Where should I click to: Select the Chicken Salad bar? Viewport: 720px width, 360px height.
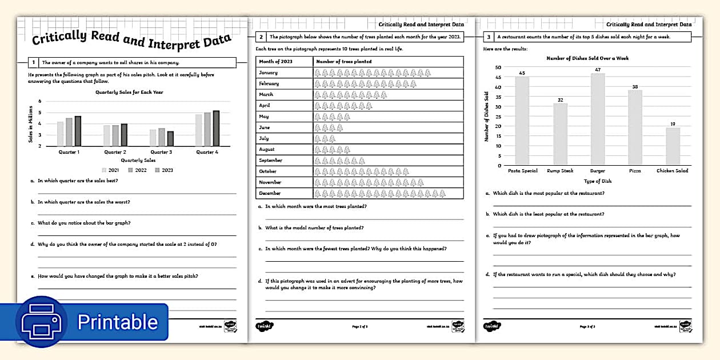click(x=673, y=146)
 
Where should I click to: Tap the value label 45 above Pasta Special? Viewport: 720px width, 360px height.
click(x=522, y=73)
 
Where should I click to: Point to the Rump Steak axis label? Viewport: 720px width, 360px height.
click(x=560, y=171)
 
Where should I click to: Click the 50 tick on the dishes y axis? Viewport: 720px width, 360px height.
click(x=498, y=67)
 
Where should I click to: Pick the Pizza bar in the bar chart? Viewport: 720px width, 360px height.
click(x=635, y=127)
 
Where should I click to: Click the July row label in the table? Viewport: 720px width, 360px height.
click(x=264, y=138)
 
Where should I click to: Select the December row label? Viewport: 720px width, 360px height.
click(x=270, y=193)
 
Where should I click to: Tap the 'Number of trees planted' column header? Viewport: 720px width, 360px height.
click(x=344, y=61)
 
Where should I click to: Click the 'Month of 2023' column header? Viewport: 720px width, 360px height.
click(x=275, y=61)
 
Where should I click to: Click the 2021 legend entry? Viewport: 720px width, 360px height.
click(x=111, y=170)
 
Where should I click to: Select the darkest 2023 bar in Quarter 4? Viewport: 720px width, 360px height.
click(x=216, y=129)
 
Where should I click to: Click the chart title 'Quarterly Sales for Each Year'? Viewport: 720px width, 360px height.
click(x=130, y=92)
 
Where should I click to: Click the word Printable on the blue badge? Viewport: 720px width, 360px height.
click(x=117, y=322)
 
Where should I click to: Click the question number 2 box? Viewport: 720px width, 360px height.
click(x=261, y=37)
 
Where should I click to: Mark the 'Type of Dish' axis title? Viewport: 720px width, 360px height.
click(x=597, y=181)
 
